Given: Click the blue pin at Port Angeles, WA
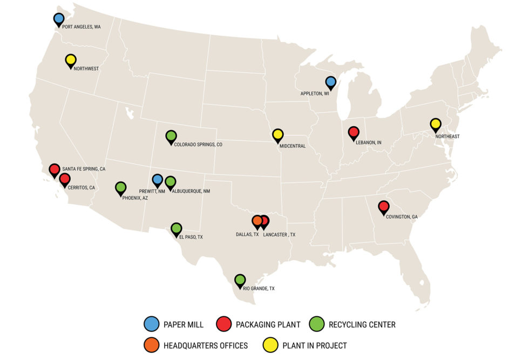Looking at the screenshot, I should coord(59,19).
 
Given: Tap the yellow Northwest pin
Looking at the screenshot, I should coord(71,60).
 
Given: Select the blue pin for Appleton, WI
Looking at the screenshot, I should coord(331,82).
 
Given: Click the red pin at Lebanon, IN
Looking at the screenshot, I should coord(354,132).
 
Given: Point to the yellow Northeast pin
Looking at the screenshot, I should coord(436,124).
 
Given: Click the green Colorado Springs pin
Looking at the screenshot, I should coord(171,137).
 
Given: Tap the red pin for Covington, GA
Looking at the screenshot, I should coord(384,207).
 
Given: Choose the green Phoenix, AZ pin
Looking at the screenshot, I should coord(121,188).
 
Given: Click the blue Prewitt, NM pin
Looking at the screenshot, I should coord(158,180).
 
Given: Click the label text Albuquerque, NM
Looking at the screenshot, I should coord(188,191).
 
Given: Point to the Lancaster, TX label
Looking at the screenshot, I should coord(279,234).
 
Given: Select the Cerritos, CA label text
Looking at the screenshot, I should coord(81,187).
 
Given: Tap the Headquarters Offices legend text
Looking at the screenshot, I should coord(206,345).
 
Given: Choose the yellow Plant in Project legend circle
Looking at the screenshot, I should coord(270,345).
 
